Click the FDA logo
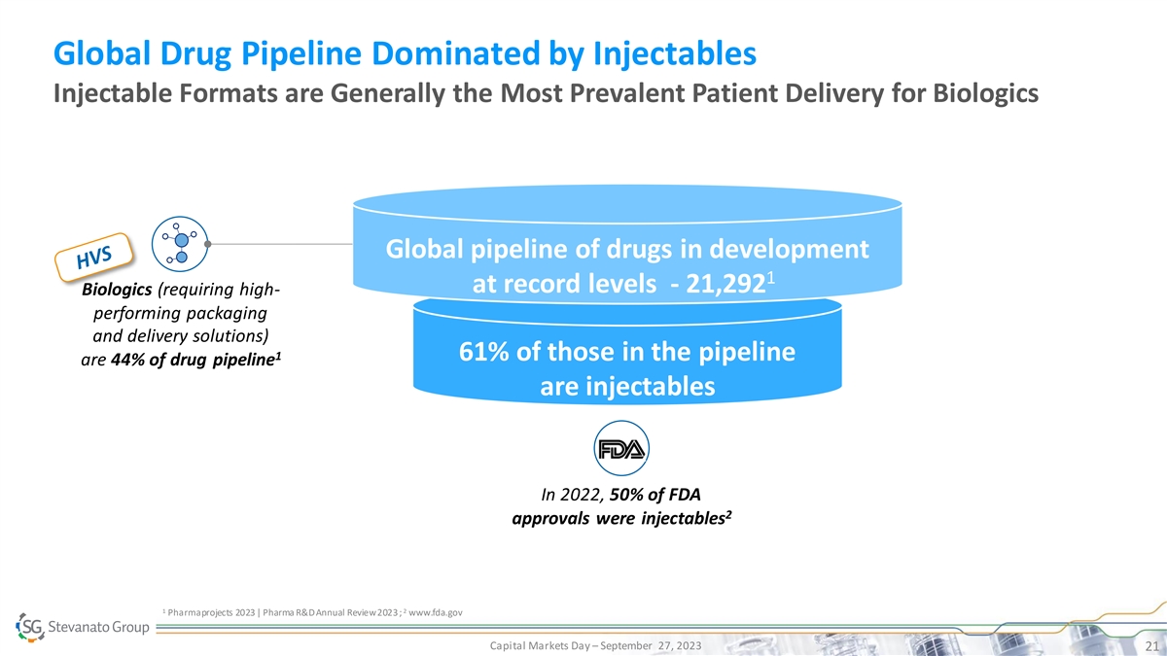point(620,449)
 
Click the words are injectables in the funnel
point(627,387)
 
